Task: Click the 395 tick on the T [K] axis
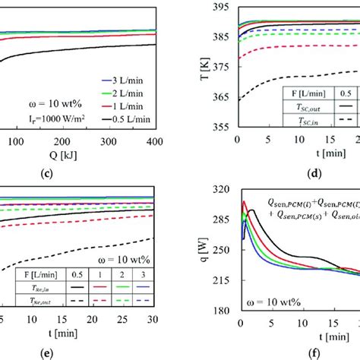click(223, 8)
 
